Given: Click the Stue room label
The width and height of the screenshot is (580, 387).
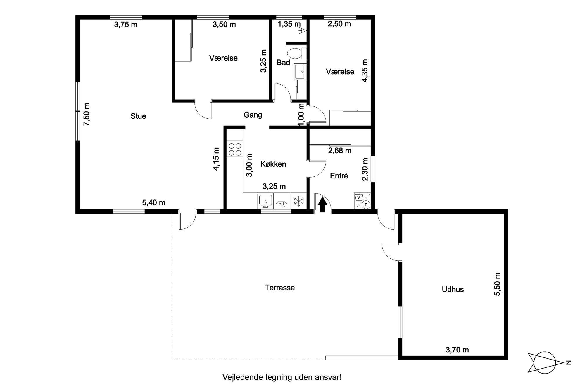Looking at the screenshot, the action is coord(138,116).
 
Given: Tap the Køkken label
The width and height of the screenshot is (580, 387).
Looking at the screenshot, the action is coord(273,164).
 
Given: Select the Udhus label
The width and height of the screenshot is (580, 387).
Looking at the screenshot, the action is coord(453,290).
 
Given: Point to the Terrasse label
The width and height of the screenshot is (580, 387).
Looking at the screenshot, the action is coord(280,288).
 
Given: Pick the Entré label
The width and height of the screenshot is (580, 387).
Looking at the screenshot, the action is coord(339,176).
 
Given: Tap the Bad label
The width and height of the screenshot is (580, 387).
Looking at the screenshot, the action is coord(283,63).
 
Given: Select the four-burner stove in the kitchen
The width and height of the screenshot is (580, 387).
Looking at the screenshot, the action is coord(235,149).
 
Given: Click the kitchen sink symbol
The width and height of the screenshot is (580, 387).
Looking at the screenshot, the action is coord(265,201).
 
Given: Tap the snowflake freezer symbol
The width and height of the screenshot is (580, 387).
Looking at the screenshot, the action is coord(299,201).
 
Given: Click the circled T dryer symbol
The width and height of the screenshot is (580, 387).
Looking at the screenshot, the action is coord(366,204).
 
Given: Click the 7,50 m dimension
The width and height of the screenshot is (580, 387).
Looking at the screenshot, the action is coord(87,114).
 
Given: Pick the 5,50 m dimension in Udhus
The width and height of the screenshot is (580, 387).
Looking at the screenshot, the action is coord(497,284).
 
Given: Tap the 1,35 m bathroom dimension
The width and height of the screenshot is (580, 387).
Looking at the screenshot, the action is coord(289,24).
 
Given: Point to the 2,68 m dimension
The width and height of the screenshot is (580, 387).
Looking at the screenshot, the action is coord(340,151).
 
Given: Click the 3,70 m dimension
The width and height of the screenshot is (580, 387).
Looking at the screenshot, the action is coord(457,350).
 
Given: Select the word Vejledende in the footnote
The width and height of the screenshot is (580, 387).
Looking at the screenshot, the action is coord(239,377).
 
